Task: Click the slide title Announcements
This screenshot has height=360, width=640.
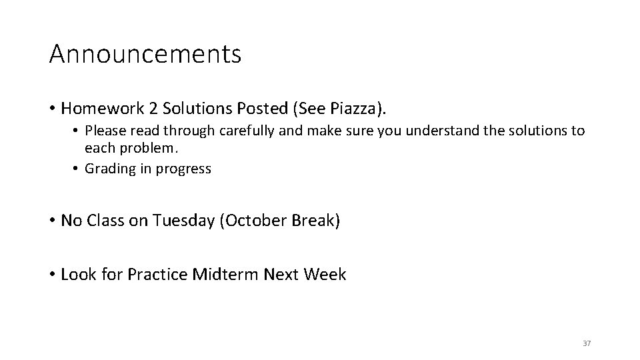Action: click(145, 54)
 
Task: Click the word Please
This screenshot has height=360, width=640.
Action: click(104, 131)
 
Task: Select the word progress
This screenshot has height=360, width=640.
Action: click(183, 169)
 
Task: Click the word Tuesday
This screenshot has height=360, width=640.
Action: click(183, 221)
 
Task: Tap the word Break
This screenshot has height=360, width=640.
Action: click(314, 221)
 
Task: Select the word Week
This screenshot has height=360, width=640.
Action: click(325, 274)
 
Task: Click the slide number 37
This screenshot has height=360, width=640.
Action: click(587, 343)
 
